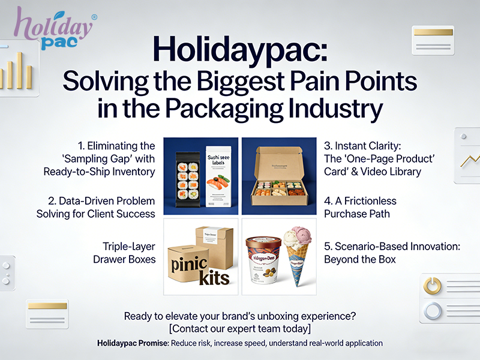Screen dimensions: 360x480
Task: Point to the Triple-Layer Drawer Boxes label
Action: (124, 253)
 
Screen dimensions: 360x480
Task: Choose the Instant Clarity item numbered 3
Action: (373, 158)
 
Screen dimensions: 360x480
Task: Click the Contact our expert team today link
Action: (240, 328)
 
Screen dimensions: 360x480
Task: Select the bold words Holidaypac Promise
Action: (133, 343)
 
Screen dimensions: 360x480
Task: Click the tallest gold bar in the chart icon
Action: (19, 70)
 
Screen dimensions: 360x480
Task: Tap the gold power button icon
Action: (433, 284)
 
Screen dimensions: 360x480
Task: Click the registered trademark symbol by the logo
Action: (94, 18)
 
